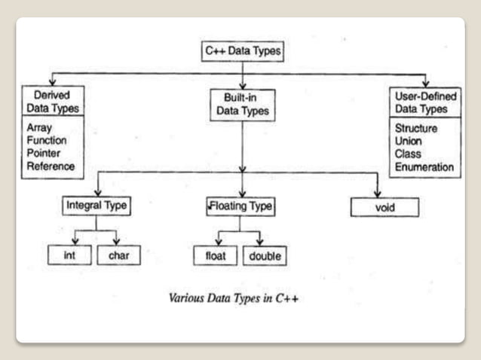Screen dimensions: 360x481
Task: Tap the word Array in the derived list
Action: [x=39, y=129]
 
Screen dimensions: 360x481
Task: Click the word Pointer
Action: [x=44, y=154]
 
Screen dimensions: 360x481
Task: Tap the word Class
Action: [x=407, y=154]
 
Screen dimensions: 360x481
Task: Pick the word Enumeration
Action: [x=424, y=167]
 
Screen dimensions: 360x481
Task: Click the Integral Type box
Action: [x=95, y=205]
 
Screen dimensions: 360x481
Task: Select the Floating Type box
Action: [x=240, y=205]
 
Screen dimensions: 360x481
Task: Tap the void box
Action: [x=384, y=206]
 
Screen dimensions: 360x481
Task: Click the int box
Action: [x=70, y=256]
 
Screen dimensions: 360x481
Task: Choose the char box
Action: [x=118, y=256]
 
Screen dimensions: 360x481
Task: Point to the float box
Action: [x=216, y=257]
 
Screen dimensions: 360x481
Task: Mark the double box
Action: [x=264, y=257]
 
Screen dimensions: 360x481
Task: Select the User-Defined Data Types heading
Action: [x=424, y=102]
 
